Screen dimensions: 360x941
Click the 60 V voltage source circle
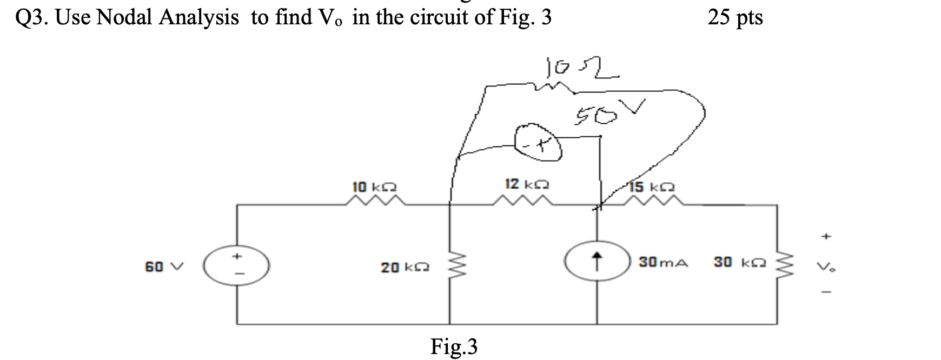click(236, 266)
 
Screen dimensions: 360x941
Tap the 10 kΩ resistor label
click(374, 187)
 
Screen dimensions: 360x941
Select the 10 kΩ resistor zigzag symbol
click(375, 202)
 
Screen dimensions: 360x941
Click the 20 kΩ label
click(405, 267)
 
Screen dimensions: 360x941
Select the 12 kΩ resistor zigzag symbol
click(522, 202)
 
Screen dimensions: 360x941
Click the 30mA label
click(663, 262)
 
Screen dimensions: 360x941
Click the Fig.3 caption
click(454, 346)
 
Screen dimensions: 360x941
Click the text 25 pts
click(735, 18)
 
